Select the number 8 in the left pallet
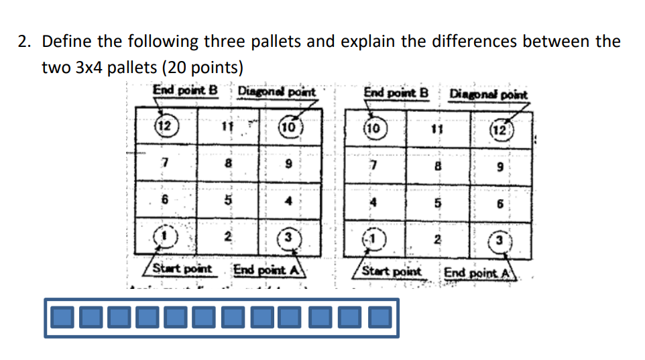click(228, 163)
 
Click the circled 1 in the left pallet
click(163, 236)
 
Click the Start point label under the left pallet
click(182, 269)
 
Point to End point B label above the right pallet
click(396, 92)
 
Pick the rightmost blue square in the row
click(380, 317)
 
